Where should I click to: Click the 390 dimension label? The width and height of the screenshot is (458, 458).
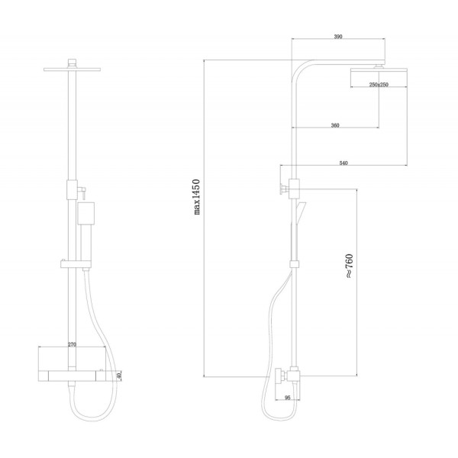coord(338,37)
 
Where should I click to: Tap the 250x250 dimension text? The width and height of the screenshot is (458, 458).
coord(379,85)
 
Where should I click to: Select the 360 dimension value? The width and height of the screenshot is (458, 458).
coord(335,125)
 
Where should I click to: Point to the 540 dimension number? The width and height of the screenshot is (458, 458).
coord(343,163)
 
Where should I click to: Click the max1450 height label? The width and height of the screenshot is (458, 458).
coord(197,197)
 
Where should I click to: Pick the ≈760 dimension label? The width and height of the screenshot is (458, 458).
coord(350,266)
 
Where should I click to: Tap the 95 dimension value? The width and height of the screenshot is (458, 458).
coord(288,398)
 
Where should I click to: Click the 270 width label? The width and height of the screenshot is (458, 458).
coord(72,344)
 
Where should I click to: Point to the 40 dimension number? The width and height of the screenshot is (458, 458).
coord(118,376)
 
